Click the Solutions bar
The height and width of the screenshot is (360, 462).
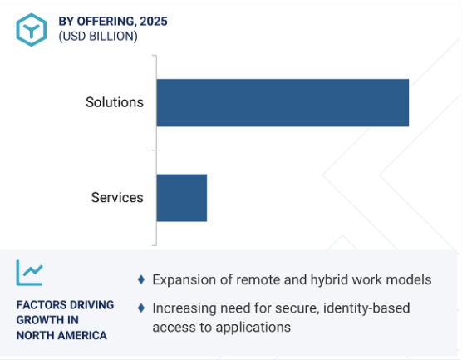(283, 102)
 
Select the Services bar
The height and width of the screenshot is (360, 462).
(181, 198)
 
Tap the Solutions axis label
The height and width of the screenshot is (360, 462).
(115, 102)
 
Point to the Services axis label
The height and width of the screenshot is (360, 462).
(117, 197)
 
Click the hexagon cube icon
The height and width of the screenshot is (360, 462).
(32, 30)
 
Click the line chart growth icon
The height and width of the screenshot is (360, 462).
(29, 273)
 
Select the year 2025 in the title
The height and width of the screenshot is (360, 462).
(154, 22)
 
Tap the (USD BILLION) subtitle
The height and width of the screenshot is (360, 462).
(98, 37)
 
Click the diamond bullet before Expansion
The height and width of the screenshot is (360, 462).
(141, 279)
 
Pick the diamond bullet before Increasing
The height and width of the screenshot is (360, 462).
(141, 308)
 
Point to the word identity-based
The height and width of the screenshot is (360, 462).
(366, 308)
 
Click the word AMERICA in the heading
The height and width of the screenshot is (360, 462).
(82, 336)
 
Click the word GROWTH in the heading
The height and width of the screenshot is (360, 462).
(37, 320)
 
